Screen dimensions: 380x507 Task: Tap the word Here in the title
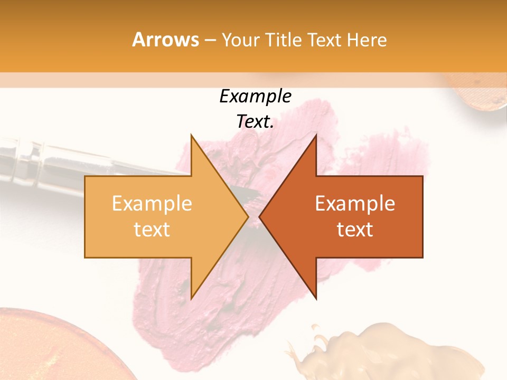(x=368, y=40)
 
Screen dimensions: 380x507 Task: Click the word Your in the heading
(x=240, y=40)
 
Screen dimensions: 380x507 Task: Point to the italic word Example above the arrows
(x=255, y=97)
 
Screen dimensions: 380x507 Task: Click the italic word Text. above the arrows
(x=255, y=122)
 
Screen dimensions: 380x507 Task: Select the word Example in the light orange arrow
(x=152, y=204)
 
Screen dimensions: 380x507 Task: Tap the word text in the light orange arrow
(x=152, y=230)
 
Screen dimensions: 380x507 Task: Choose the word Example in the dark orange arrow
(x=355, y=204)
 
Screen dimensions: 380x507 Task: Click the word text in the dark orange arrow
(x=355, y=230)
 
